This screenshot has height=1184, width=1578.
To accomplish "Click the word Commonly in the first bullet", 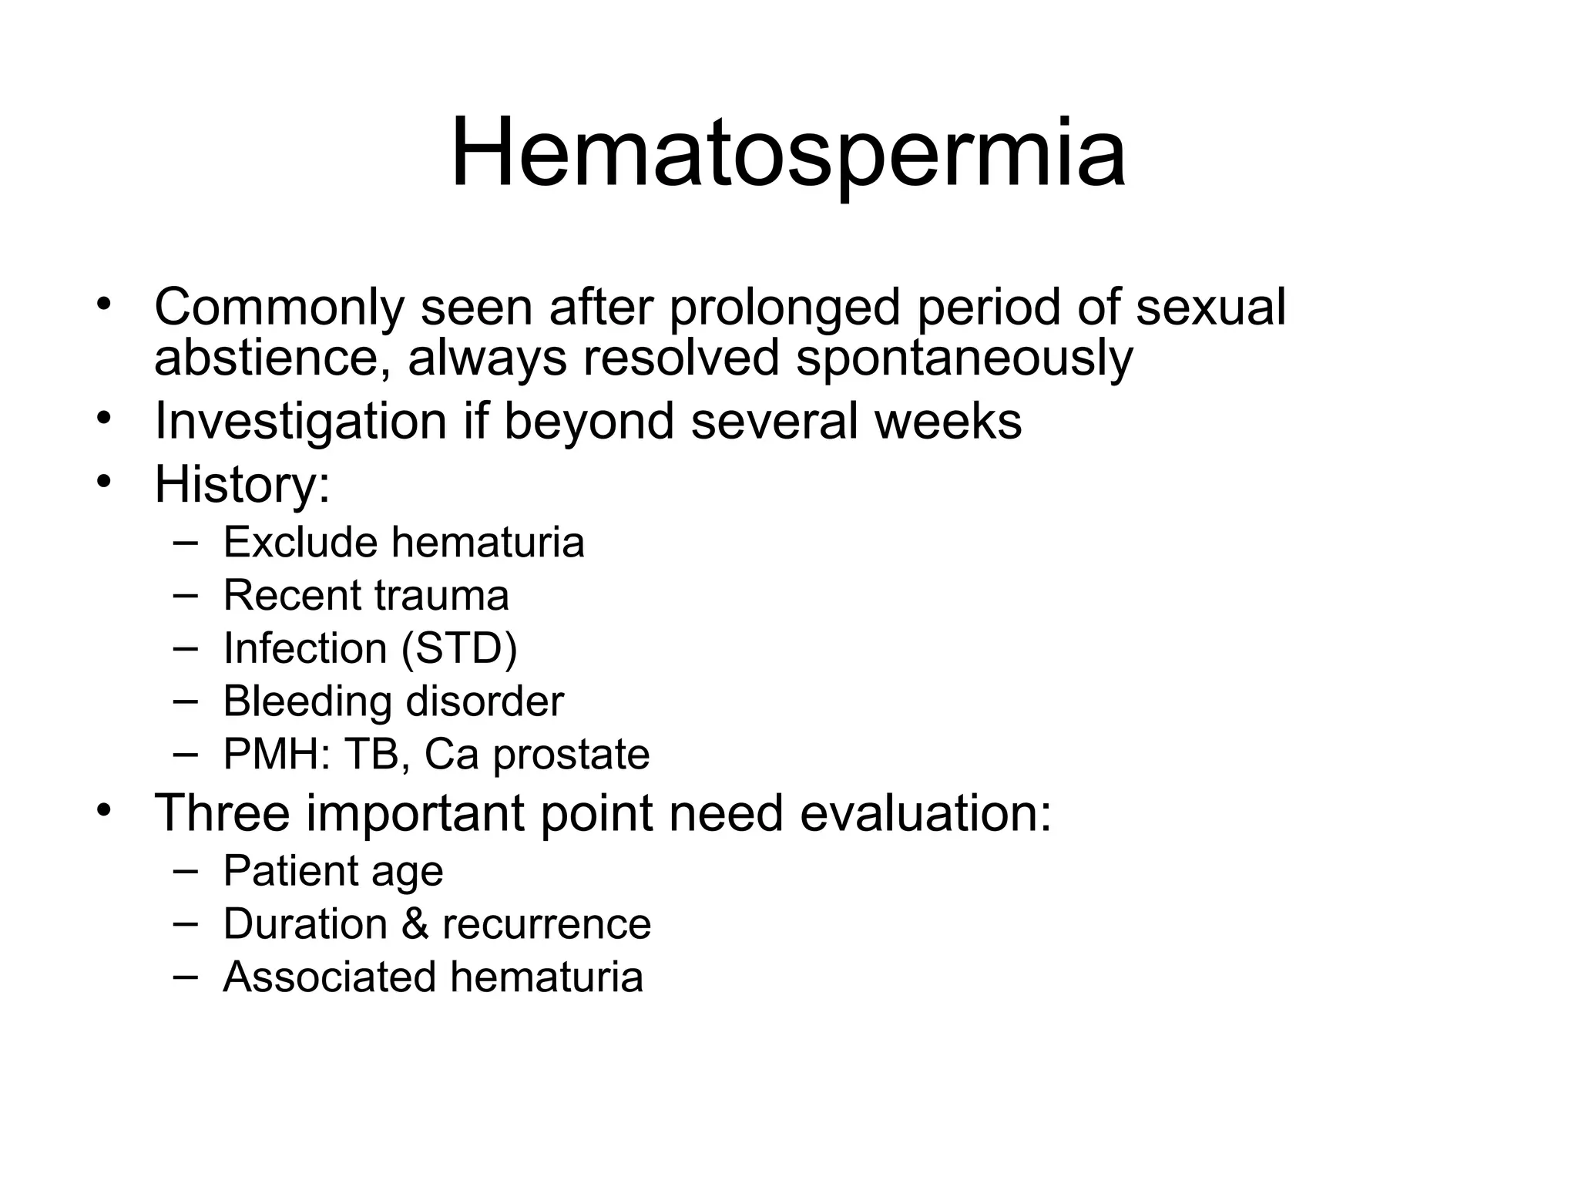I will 278,307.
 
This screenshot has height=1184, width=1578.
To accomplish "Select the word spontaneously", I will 964,359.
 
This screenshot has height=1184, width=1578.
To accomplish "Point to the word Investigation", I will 300,422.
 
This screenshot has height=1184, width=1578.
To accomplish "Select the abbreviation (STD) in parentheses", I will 459,648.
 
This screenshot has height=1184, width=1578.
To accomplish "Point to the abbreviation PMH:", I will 277,754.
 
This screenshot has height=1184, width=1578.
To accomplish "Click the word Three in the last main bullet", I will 223,812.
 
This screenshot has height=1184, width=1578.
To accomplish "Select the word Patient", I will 290,871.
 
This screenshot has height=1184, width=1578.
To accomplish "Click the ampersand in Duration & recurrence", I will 415,923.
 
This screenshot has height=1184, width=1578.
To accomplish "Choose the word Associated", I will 329,977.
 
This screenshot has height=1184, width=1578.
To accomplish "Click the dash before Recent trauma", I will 185,594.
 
